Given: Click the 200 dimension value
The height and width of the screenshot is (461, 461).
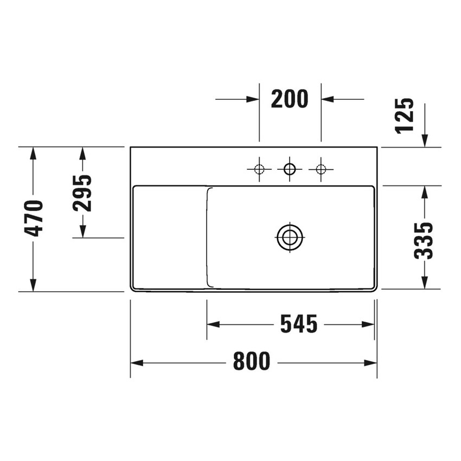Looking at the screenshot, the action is coord(290,99).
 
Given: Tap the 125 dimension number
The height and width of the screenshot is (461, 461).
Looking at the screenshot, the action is coord(405,115).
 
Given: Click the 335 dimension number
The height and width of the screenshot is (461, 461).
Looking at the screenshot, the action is coord(424,240).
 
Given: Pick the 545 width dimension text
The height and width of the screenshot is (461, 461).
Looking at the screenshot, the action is coord(298,324).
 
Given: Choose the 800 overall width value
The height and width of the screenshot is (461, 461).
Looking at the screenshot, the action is coord(252,362).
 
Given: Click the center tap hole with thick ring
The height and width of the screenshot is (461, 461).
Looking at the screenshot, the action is coord(290,169).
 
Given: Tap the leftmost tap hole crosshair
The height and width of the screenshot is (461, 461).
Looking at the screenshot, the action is coord(259,169).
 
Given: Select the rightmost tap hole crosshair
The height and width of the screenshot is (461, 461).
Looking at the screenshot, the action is coord(321,169).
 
